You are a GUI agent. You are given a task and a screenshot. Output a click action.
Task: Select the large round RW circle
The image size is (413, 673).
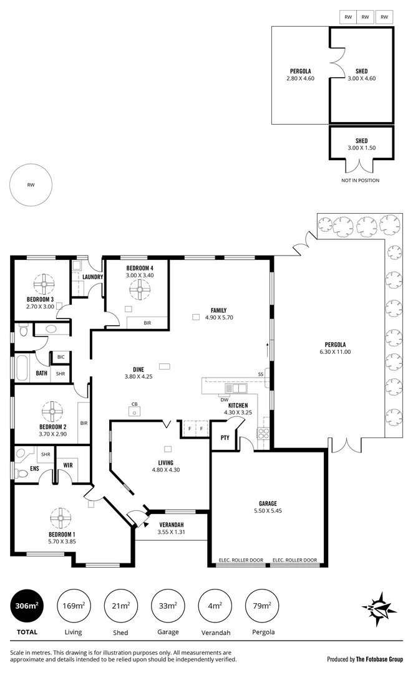[x=31, y=185]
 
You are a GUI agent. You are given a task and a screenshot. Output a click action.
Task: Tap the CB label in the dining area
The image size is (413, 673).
[x=134, y=403]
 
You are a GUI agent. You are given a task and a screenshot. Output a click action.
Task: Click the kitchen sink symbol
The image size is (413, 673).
[x=236, y=388]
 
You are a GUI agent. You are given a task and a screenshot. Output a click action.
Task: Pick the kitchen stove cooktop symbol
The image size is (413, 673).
[x=263, y=433]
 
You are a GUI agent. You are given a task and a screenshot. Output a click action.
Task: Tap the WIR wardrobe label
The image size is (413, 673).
[x=68, y=464]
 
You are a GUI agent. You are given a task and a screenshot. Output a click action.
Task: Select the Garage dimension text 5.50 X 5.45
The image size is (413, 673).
[x=268, y=511]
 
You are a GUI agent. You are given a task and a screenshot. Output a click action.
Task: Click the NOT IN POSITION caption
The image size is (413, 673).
[x=360, y=180]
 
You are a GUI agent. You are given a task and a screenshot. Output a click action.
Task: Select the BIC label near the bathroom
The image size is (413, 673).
[x=61, y=356]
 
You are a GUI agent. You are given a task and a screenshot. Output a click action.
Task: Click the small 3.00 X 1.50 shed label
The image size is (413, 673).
[x=361, y=148]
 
